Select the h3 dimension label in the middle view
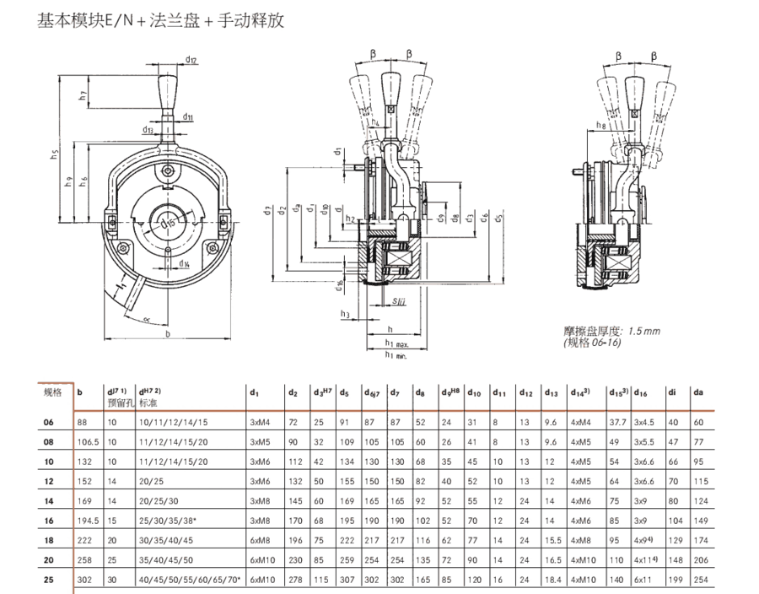coord(346,314)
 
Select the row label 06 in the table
coord(49,422)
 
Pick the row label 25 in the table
coord(49,580)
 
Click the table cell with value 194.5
coord(88,521)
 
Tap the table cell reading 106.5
coord(88,441)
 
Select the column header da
coord(697,392)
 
